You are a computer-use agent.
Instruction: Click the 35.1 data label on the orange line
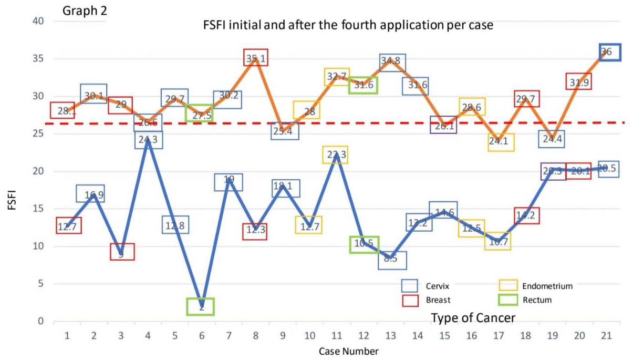tap(256, 58)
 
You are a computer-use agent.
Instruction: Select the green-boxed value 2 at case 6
tap(201, 306)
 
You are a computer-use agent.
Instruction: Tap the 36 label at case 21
tap(606, 52)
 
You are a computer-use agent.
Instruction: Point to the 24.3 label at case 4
tap(148, 140)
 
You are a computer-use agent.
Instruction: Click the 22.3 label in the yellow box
tap(336, 155)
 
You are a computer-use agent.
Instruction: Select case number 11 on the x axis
tap(336, 335)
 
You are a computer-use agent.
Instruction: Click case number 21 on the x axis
tap(606, 335)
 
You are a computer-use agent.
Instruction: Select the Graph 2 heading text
tap(85, 11)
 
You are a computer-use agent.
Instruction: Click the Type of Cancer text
tap(473, 317)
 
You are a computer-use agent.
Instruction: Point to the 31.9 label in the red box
tap(579, 81)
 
